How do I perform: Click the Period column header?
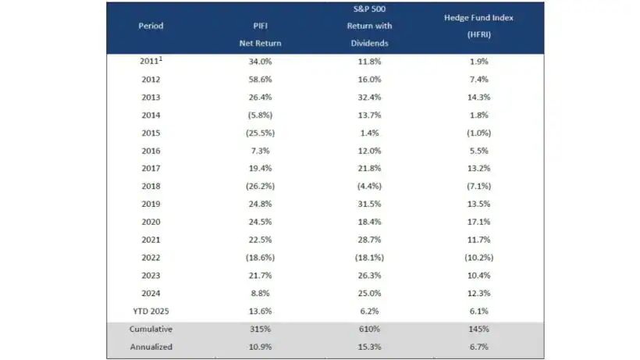151,26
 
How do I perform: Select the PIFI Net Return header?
260,34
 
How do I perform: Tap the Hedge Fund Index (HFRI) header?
478,26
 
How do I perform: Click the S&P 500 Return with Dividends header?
369,26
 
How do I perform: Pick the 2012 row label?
151,79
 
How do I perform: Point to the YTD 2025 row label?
151,310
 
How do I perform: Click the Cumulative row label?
151,329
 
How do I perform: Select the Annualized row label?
151,347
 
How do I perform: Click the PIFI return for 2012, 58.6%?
260,79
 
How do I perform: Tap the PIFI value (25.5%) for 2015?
260,133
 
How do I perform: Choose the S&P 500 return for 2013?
369,97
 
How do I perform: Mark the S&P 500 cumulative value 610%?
369,329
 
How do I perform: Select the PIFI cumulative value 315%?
260,329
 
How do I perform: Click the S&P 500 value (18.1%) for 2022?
369,257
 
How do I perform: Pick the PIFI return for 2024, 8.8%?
260,293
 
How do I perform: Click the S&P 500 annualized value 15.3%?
369,347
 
